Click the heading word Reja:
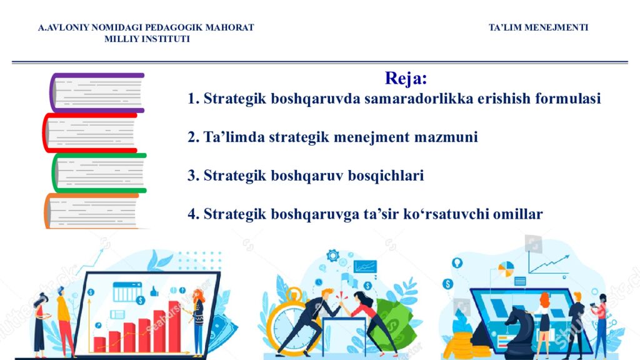click(406, 79)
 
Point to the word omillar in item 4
click(518, 214)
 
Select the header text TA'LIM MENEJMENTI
click(538, 27)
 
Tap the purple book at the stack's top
click(97, 92)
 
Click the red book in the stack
click(91, 132)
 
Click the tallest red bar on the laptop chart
click(174, 325)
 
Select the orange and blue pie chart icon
click(505, 269)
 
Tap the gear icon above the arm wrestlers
click(332, 255)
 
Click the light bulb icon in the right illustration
click(457, 262)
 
